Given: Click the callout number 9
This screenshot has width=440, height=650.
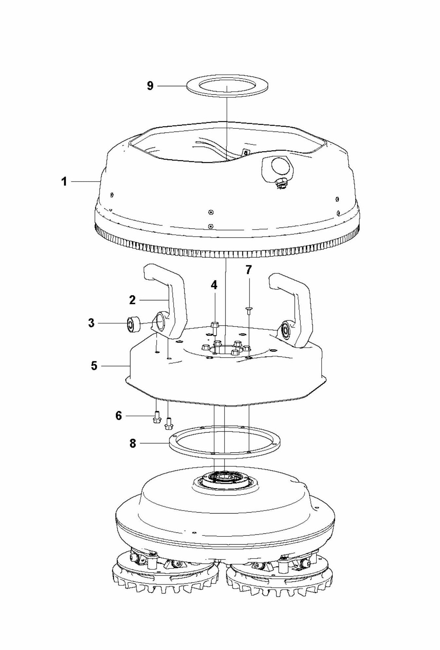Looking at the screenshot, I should coord(150,86).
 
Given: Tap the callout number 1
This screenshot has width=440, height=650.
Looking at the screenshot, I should coord(64,181).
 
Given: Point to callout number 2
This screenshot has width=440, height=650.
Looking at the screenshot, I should coord(132,300).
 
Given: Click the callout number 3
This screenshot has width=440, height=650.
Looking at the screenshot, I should coord(91,323).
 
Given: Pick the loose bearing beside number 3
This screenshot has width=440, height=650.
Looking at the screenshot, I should coord(133,324).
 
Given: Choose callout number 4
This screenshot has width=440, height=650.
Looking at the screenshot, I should coord(214,285).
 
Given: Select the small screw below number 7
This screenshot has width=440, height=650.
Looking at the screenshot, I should coord(249,309).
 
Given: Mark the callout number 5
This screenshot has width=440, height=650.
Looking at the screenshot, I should coord(94,366).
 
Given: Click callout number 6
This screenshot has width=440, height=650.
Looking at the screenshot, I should coord(118,416).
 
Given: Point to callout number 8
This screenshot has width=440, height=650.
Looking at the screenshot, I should coord(132,444).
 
